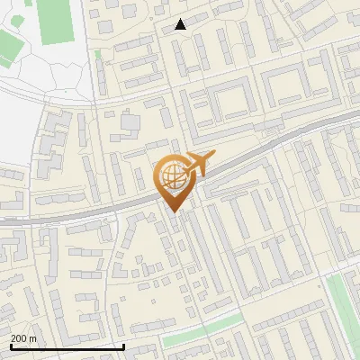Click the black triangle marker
click(x=180, y=25)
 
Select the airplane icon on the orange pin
click(x=197, y=164)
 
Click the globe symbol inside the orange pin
click(x=174, y=177)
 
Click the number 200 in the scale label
click(x=19, y=338)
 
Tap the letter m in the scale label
click(x=32, y=338)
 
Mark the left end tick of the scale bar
click(x=10, y=346)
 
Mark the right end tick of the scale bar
click(x=123, y=346)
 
